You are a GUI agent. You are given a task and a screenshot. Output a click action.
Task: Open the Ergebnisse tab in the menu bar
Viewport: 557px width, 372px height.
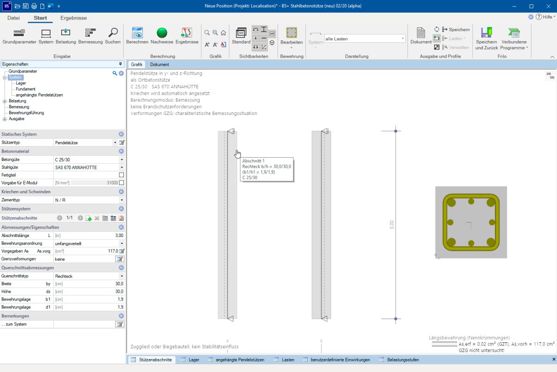(x=74, y=18)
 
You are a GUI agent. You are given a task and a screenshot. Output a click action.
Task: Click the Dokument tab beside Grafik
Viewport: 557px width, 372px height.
(x=159, y=64)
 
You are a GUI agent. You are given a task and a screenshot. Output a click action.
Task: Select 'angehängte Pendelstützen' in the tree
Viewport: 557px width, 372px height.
(x=39, y=95)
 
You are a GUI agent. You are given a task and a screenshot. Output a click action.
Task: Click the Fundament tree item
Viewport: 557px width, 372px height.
(x=26, y=89)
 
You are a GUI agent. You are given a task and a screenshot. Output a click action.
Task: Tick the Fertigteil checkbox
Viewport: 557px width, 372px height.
(x=121, y=175)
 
